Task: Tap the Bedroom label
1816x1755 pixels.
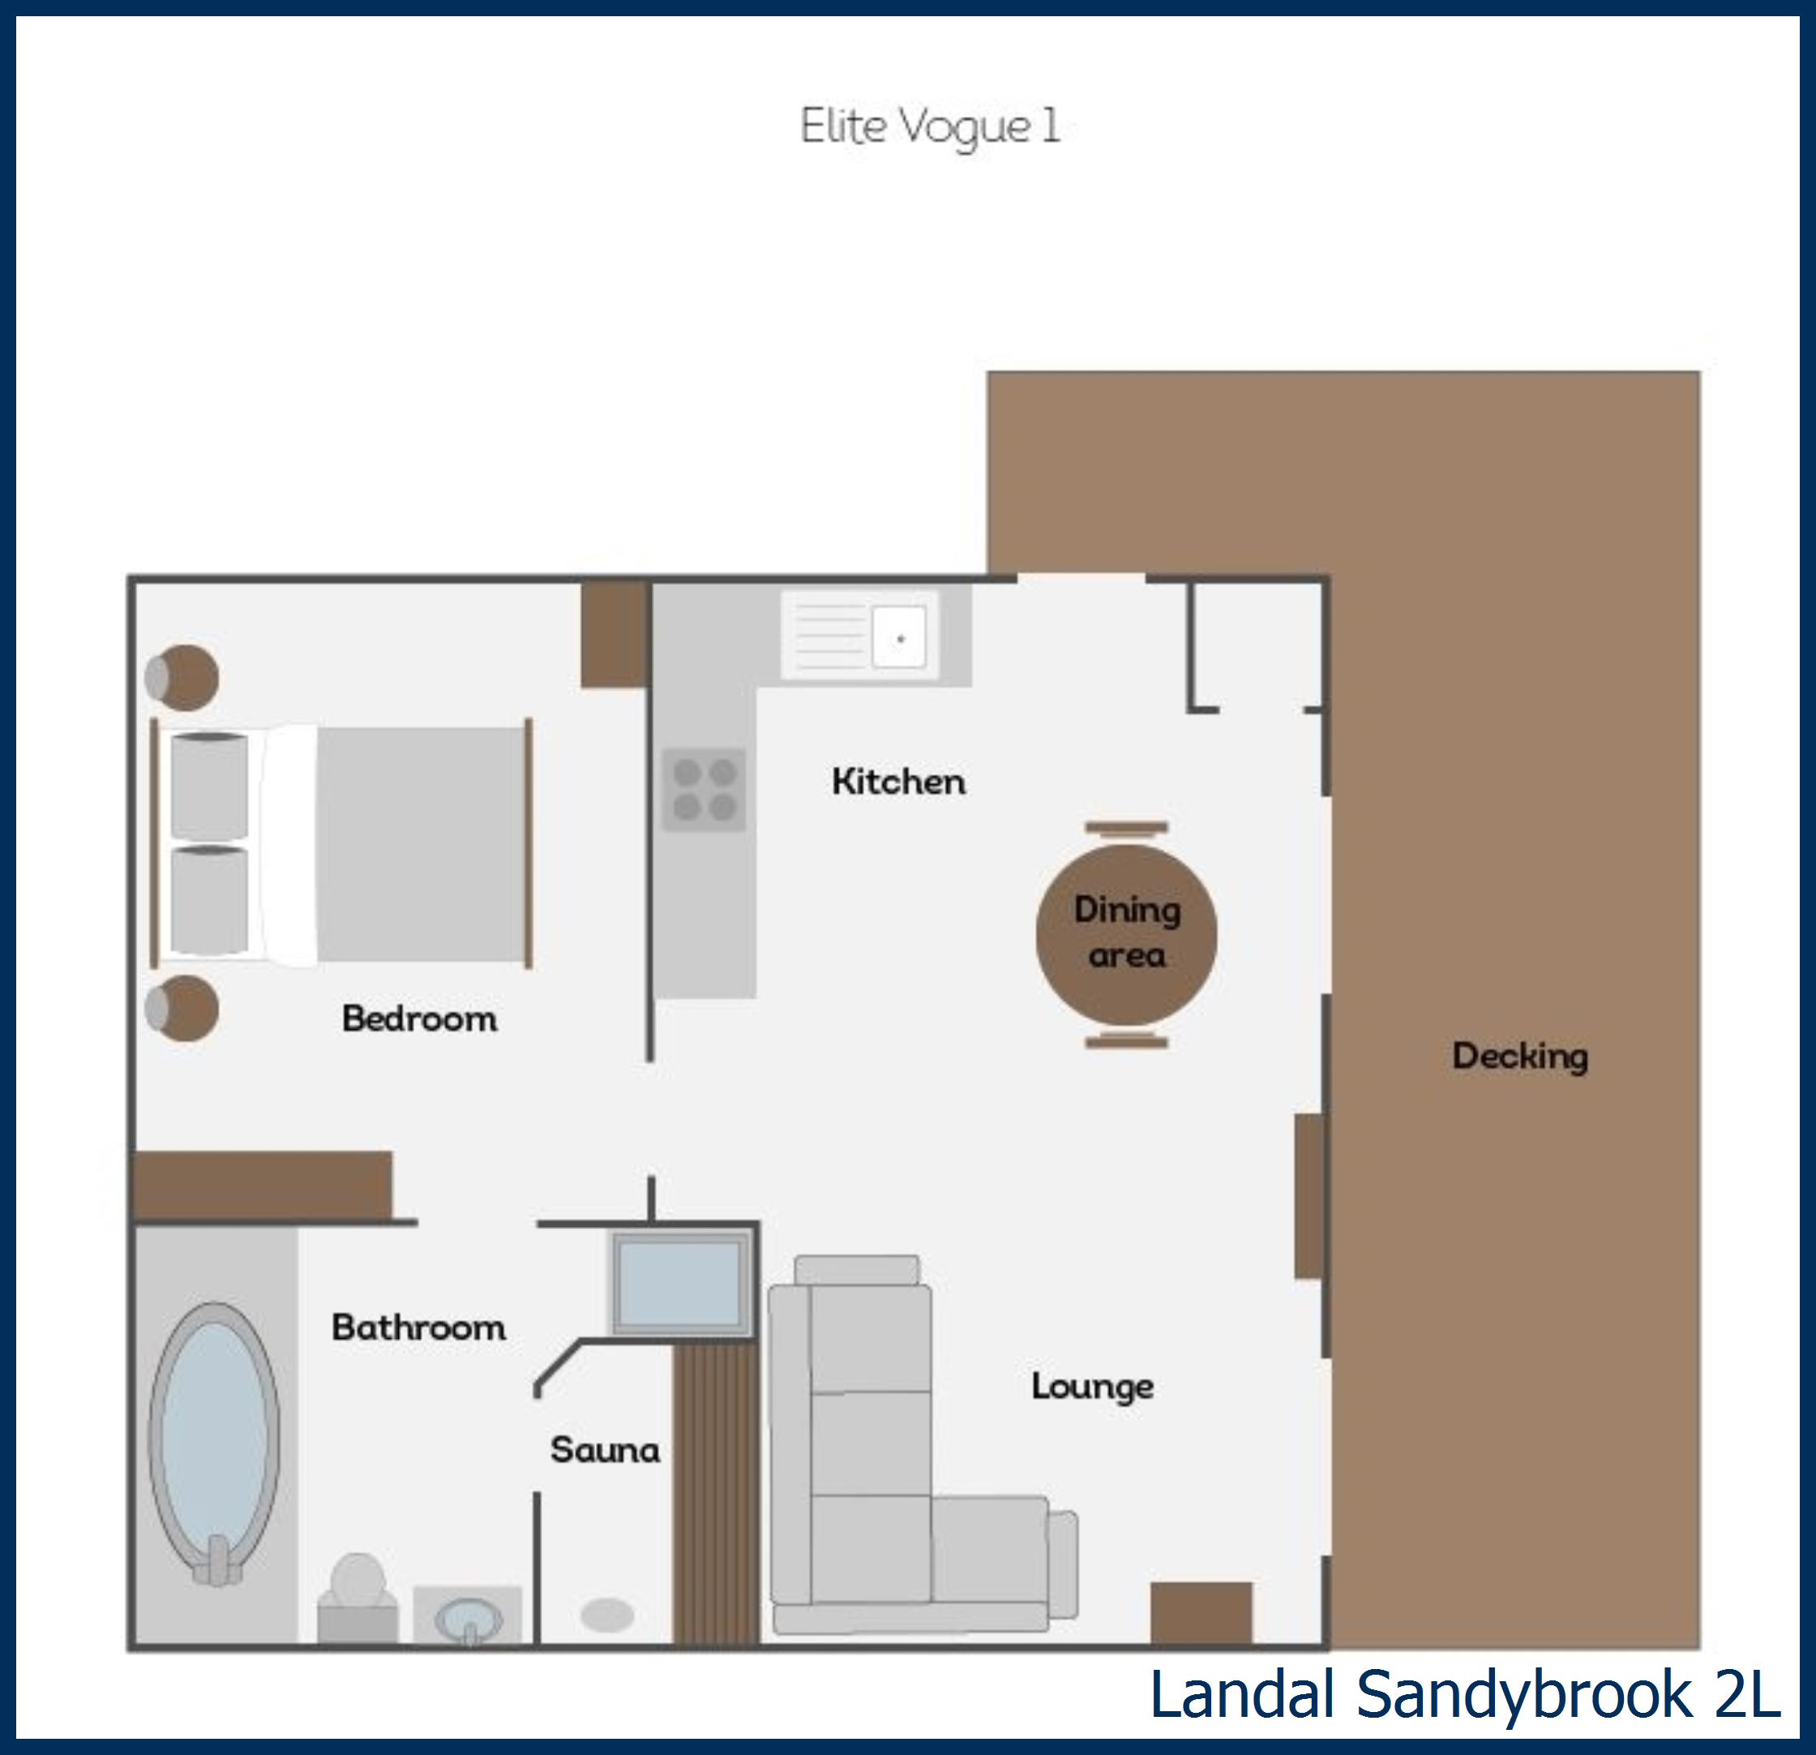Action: pos(419,1019)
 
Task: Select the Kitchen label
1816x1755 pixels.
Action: pos(897,782)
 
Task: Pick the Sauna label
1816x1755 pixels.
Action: pos(605,1450)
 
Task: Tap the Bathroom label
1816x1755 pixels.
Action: pos(419,1328)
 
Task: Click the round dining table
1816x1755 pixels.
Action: pos(1126,935)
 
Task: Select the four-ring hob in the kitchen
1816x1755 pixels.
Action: pos(705,789)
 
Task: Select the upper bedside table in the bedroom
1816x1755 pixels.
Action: pos(182,677)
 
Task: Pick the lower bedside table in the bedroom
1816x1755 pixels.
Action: pos(182,1007)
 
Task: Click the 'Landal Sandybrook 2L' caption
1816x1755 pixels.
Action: pos(1464,1693)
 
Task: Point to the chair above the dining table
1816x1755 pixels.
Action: pos(1127,828)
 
